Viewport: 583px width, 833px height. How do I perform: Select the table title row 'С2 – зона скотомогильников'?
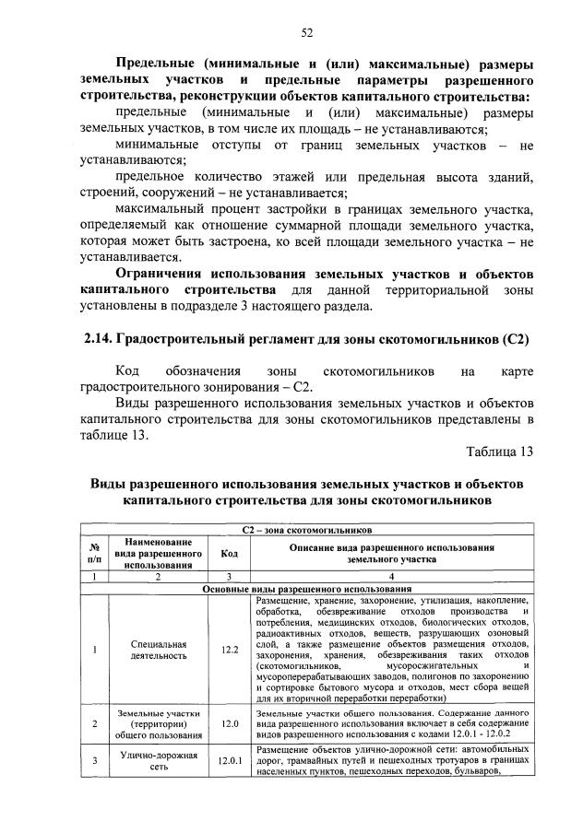(306, 531)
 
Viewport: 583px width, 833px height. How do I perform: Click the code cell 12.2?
(229, 650)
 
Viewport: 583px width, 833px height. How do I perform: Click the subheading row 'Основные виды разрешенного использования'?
(306, 588)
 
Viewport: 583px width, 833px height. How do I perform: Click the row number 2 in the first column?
(93, 724)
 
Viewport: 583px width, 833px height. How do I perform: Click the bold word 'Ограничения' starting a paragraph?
(159, 275)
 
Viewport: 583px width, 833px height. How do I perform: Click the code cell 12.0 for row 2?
(229, 724)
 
